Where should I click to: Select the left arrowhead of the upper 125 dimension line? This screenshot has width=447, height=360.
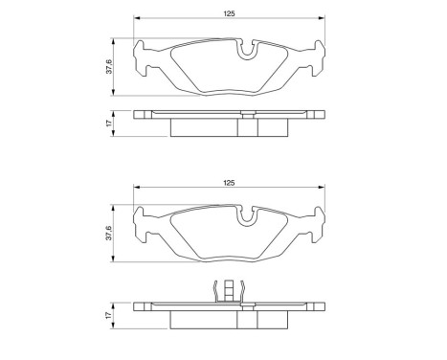pos(137,20)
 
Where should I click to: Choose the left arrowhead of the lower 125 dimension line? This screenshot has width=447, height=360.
pos(137,188)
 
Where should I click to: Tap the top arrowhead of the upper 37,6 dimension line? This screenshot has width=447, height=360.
pos(116,41)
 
